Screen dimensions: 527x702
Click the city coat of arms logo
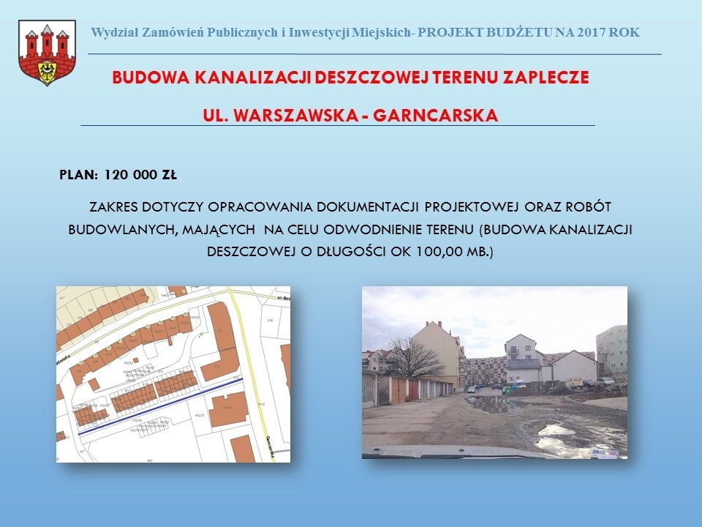[x=47, y=53]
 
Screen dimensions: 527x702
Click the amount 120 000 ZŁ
[x=140, y=176]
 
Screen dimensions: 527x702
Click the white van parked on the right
[x=575, y=382]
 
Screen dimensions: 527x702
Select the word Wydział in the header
[x=113, y=32]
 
